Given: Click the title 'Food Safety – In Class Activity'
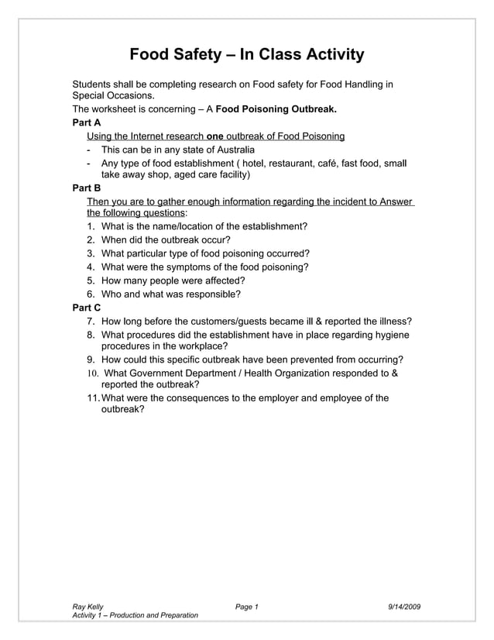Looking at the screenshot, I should [246, 54].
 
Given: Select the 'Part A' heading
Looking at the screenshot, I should [86, 122].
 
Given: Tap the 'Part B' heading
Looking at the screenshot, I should [86, 188].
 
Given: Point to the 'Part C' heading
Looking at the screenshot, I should [87, 308].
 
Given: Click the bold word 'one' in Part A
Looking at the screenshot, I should [215, 136].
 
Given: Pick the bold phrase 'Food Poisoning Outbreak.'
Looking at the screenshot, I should [276, 109].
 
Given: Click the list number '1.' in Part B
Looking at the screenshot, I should [91, 226].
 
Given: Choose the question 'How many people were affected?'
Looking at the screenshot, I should [173, 280].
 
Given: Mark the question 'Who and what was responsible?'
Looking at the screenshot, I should [170, 294].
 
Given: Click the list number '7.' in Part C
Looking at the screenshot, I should [91, 322].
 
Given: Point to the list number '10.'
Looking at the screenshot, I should [92, 373].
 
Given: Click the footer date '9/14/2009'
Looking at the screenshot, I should [404, 606].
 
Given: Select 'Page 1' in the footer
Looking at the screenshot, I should [246, 606].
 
